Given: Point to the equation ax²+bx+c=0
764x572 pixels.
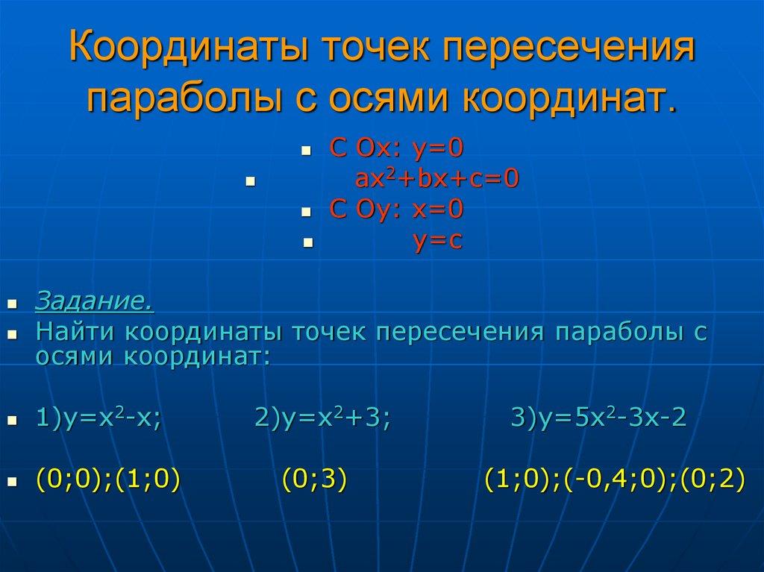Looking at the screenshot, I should coord(436,180).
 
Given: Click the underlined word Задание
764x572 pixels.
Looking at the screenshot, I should coord(94,302).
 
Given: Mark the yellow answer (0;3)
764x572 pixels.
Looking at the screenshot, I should coord(315,480).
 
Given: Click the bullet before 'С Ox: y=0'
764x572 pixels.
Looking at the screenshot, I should coord(305,151).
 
